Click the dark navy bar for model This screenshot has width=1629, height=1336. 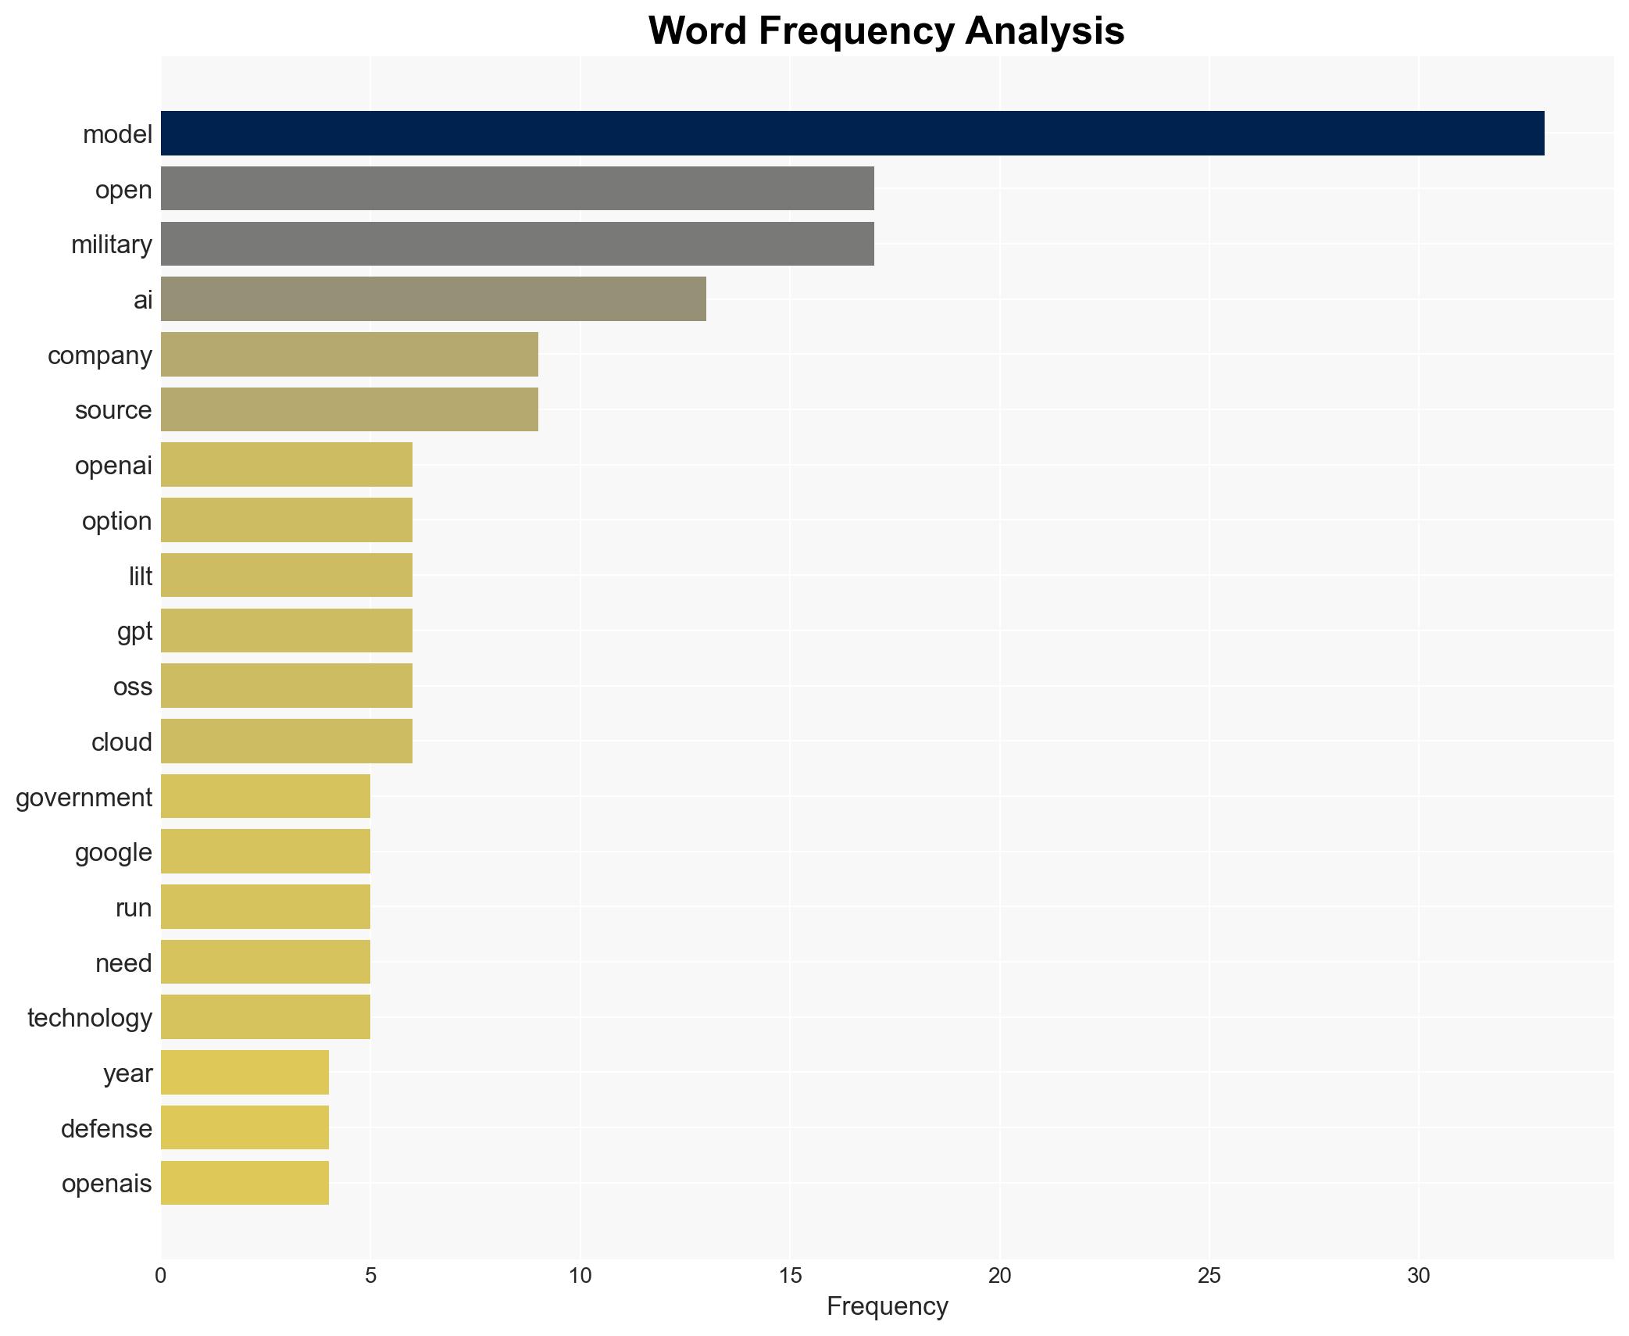852,134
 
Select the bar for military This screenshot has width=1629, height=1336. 517,244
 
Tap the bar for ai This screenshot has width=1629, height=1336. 434,299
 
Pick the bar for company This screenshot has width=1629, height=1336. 349,355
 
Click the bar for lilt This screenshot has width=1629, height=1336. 287,576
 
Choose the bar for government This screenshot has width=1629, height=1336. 266,797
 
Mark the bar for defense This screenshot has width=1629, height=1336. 245,1128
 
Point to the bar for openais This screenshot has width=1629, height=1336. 245,1183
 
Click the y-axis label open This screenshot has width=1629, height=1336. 123,190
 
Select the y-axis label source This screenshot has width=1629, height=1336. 113,410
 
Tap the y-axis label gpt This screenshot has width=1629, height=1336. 134,631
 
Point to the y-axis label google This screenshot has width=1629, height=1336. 113,852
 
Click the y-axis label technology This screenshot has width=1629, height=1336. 90,1018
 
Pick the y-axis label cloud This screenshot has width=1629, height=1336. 121,742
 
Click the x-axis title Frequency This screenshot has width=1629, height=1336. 887,1306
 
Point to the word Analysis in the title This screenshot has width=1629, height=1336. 1045,31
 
